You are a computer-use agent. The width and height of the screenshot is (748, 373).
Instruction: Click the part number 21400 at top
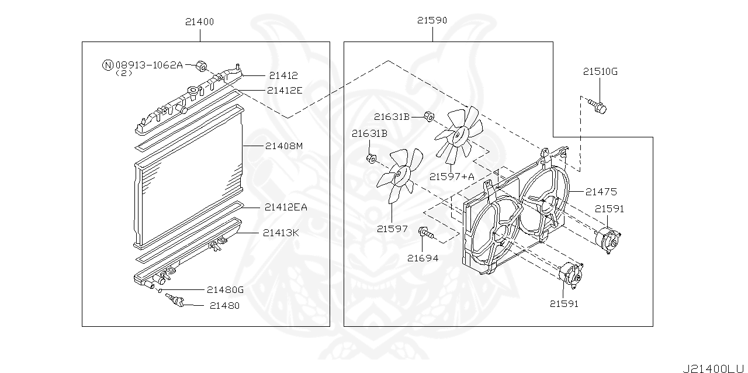199,22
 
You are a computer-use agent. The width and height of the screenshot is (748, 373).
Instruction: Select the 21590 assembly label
432,20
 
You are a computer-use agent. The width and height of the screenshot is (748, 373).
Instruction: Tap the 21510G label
600,72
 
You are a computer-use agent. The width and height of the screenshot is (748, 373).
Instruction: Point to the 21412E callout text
285,90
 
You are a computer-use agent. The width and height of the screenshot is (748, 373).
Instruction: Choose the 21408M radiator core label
283,146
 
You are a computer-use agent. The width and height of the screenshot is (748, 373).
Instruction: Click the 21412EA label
286,206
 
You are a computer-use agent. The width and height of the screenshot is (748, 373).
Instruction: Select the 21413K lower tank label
280,233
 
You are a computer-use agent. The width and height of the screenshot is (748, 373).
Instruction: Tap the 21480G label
225,289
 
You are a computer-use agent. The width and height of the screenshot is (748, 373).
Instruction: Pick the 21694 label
423,258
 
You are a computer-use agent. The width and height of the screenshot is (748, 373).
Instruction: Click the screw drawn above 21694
425,234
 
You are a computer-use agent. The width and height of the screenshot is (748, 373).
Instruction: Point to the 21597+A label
452,176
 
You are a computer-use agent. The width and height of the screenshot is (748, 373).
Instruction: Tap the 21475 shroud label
601,191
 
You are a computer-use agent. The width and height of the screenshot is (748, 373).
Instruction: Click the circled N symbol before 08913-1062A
108,65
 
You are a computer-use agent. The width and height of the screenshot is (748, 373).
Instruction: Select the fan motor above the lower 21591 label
570,275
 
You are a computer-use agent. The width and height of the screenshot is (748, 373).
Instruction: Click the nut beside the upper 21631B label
428,116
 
